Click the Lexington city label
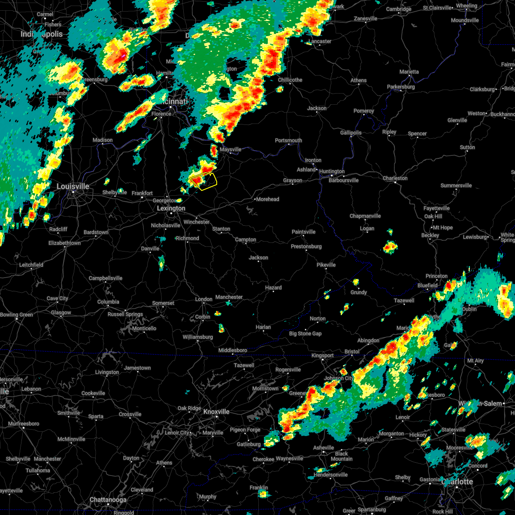pos(171,208)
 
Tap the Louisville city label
pos(73,186)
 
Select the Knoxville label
pos(216,412)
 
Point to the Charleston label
pos(395,178)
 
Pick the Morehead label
pos(267,199)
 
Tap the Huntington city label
pos(332,171)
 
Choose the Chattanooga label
pos(108,500)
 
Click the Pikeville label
pos(326,265)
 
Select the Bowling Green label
pos(17,315)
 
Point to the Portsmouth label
pos(288,140)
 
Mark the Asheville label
pos(324,448)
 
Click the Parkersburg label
pos(401,87)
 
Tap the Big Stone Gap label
pos(305,333)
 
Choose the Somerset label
pos(163,303)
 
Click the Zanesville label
pos(366,18)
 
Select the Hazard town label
pos(273,288)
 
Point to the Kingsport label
pos(322,355)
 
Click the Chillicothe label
pos(290,80)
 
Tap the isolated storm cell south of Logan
pos(390,247)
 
